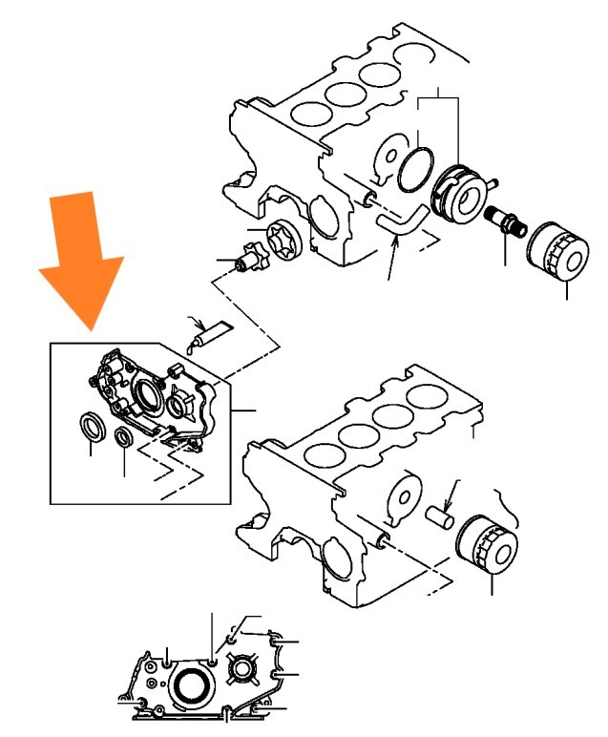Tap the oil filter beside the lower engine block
pyautogui.click(x=487, y=544)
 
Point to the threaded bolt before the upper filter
pyautogui.click(x=503, y=221)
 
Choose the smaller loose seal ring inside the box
pyautogui.click(x=124, y=437)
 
